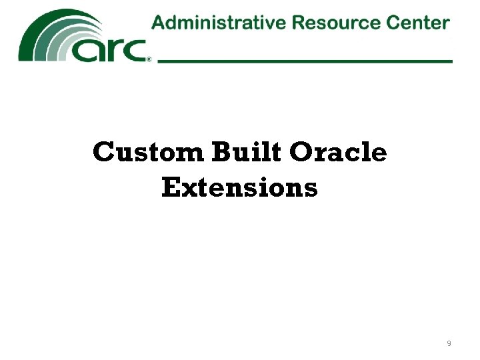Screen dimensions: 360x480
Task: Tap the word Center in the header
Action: pyautogui.click(x=416, y=23)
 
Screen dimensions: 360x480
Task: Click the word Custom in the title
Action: pyautogui.click(x=149, y=153)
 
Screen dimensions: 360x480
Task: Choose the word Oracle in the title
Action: pyautogui.click(x=338, y=153)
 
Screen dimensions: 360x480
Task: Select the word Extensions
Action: pyautogui.click(x=239, y=187)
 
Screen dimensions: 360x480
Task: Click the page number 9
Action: pyautogui.click(x=449, y=343)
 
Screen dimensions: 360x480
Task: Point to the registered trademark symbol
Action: pyautogui.click(x=149, y=59)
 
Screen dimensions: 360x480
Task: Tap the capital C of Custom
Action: pyautogui.click(x=104, y=153)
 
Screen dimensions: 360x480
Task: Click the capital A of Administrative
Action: pyautogui.click(x=159, y=23)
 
